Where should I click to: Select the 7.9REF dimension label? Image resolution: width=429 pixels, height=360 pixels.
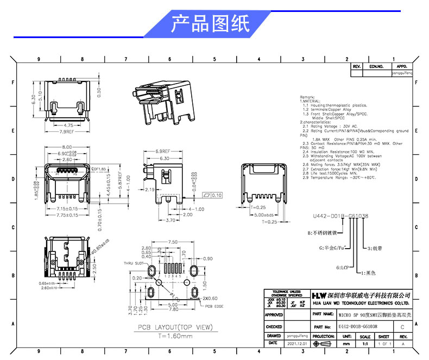[x=66, y=131]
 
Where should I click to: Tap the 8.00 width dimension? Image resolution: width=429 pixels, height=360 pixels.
[x=67, y=148]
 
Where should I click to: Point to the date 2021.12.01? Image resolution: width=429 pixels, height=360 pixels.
[x=296, y=344]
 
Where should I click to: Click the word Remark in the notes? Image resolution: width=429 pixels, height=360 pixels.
[x=307, y=97]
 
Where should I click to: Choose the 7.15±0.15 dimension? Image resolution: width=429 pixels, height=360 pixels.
[x=68, y=209]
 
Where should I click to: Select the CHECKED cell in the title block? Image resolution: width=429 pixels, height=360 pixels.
[x=274, y=327]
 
